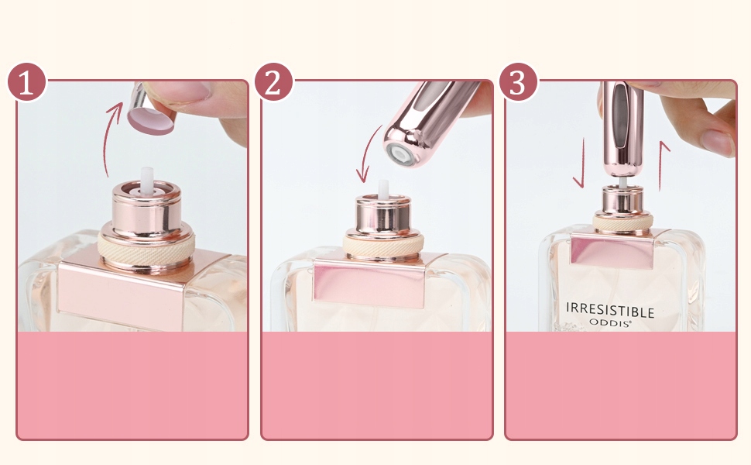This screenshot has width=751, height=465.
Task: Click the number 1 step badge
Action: click(27, 82)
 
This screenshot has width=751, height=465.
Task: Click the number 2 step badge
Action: click(273, 82)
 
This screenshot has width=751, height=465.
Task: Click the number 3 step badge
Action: click(518, 82)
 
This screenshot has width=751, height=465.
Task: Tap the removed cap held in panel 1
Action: click(149, 111)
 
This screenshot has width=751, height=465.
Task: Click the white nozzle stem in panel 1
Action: click(146, 178)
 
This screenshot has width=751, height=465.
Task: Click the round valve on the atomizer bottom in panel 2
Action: click(400, 154)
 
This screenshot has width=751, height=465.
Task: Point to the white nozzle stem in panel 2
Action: click(383, 188)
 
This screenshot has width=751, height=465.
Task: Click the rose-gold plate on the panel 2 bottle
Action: click(369, 286)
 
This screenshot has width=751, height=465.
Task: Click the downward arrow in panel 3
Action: click(581, 163)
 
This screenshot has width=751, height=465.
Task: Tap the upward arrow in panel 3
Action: click(663, 166)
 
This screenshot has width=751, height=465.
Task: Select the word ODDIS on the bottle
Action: click(610, 322)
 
